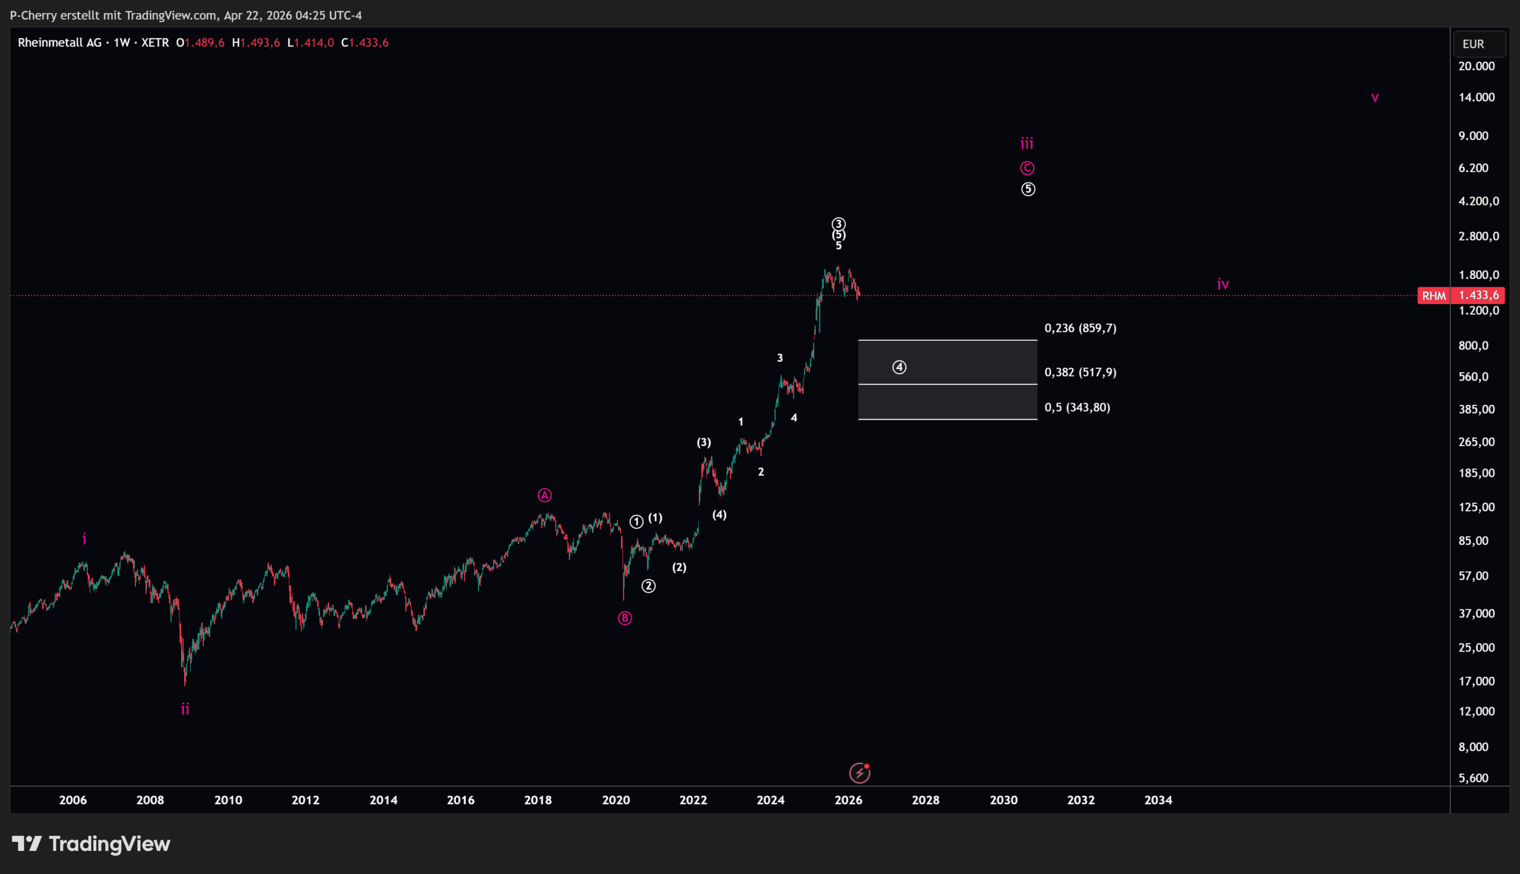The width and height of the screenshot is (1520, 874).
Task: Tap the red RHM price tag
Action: point(1433,295)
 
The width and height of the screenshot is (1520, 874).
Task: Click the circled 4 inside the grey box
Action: point(899,368)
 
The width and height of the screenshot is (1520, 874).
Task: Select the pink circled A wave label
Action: point(544,495)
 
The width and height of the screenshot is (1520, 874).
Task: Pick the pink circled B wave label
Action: point(625,618)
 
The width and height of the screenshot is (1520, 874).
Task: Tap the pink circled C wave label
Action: point(1027,168)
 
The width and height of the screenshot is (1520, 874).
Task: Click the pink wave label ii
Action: point(185,710)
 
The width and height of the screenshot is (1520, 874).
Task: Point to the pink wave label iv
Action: point(1223,284)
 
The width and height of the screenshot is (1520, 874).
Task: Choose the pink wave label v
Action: point(1375,98)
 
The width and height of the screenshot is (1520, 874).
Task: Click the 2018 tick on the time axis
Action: point(538,800)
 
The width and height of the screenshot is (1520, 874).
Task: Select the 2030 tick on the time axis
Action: point(1003,800)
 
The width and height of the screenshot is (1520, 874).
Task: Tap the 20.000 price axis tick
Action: point(1476,66)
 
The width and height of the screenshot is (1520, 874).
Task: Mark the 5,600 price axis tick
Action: point(1473,778)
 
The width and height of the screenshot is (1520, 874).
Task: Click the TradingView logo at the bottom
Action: point(91,844)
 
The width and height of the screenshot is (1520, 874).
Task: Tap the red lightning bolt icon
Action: point(859,773)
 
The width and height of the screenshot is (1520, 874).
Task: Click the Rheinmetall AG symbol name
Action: point(59,43)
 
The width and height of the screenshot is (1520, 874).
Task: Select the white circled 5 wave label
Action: point(1028,189)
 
